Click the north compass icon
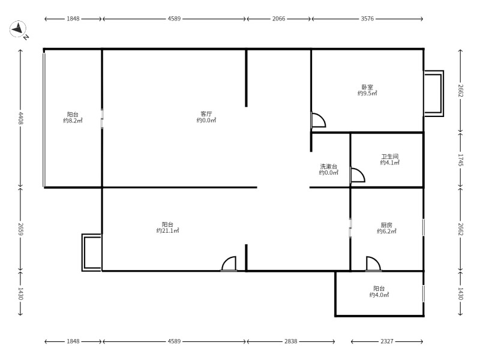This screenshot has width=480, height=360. (18, 29)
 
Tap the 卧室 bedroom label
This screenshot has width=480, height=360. (367, 87)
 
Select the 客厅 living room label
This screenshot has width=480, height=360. (206, 114)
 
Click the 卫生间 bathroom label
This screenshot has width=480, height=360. (389, 157)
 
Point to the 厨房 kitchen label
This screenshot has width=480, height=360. (386, 225)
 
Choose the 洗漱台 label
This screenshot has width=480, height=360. (328, 167)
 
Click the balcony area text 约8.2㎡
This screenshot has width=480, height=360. (73, 121)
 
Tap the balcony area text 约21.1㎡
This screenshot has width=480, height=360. (167, 230)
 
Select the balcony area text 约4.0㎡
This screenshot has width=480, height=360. (379, 295)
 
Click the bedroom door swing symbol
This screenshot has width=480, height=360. (319, 120)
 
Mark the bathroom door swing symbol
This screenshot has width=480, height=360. (358, 175)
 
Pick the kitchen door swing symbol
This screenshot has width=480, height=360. (373, 264)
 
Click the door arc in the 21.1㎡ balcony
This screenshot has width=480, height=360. (229, 264)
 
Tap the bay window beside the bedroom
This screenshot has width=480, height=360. (434, 94)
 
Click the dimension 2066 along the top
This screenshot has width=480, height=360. (278, 19)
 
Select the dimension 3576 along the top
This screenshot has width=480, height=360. (367, 19)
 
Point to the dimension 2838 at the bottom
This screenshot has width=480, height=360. (290, 341)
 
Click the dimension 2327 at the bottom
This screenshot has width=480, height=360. (387, 341)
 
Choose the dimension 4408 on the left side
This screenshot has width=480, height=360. (20, 118)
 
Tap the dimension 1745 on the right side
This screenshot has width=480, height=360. (461, 160)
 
